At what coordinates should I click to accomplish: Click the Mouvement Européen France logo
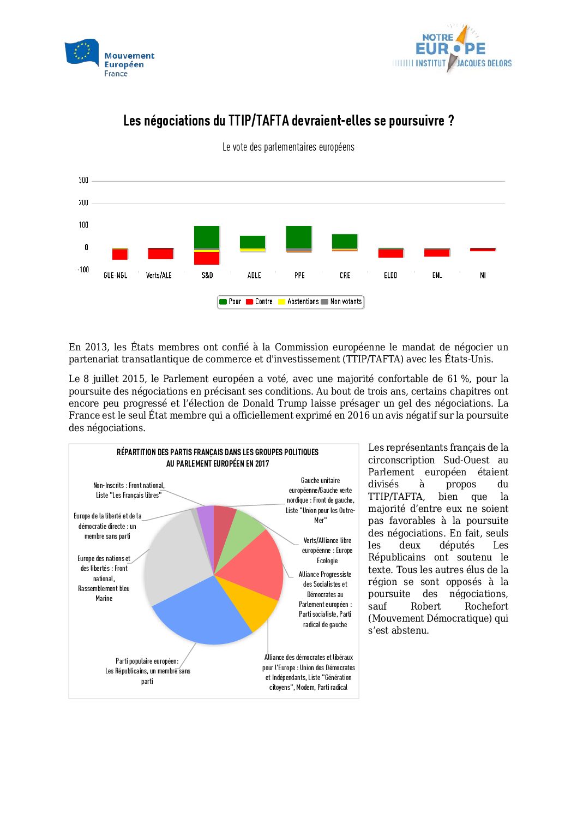109,57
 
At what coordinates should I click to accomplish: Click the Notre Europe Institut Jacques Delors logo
452,50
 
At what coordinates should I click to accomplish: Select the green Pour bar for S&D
207,237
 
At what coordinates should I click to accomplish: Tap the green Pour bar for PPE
299,237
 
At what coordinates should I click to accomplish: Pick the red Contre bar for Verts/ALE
160,254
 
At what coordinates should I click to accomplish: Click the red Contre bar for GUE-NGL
120,254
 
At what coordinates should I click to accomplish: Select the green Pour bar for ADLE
253,242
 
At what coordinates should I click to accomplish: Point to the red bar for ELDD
390,253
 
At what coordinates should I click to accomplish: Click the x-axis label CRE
345,276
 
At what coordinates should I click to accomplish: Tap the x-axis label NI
483,276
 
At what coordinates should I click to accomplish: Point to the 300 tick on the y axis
83,181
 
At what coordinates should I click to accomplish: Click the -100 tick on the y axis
83,270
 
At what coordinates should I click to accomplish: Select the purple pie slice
206,517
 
